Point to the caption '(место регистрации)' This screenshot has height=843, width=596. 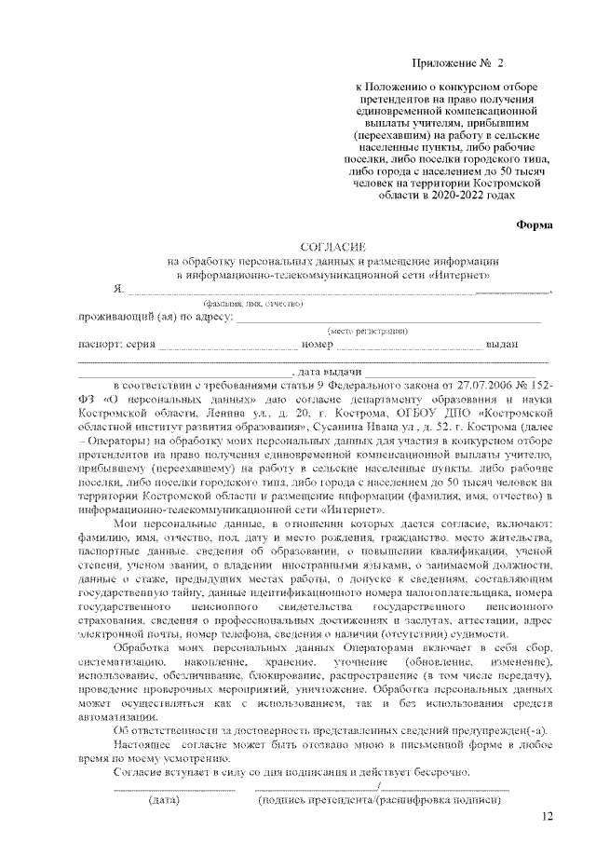366,332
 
